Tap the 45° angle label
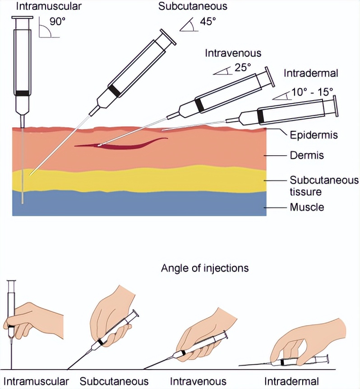208,21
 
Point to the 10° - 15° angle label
312,92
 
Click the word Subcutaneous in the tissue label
324,181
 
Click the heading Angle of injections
205,268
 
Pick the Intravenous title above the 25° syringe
233,53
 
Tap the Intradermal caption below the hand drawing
292,381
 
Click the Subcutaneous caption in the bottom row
114,381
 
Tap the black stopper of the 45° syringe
114,90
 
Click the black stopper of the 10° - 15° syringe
260,116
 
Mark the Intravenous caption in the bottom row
198,381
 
